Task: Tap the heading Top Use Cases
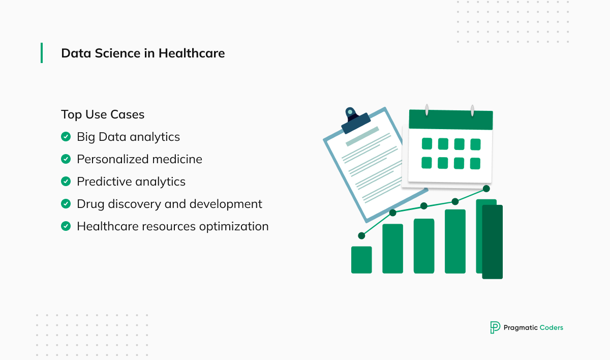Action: tap(103, 114)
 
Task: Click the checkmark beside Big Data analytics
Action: tap(66, 137)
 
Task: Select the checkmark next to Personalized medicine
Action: tap(66, 159)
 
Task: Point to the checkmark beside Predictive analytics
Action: tap(66, 182)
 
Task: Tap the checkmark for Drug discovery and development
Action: tap(66, 204)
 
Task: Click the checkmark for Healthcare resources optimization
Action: tap(66, 226)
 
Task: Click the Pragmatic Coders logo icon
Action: tap(495, 327)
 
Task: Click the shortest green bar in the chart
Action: tap(361, 260)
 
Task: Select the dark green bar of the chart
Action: tap(492, 242)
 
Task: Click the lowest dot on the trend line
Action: tap(361, 235)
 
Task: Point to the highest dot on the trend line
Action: tap(486, 189)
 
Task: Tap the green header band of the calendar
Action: tap(451, 120)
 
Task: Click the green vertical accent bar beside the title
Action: tap(42, 53)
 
